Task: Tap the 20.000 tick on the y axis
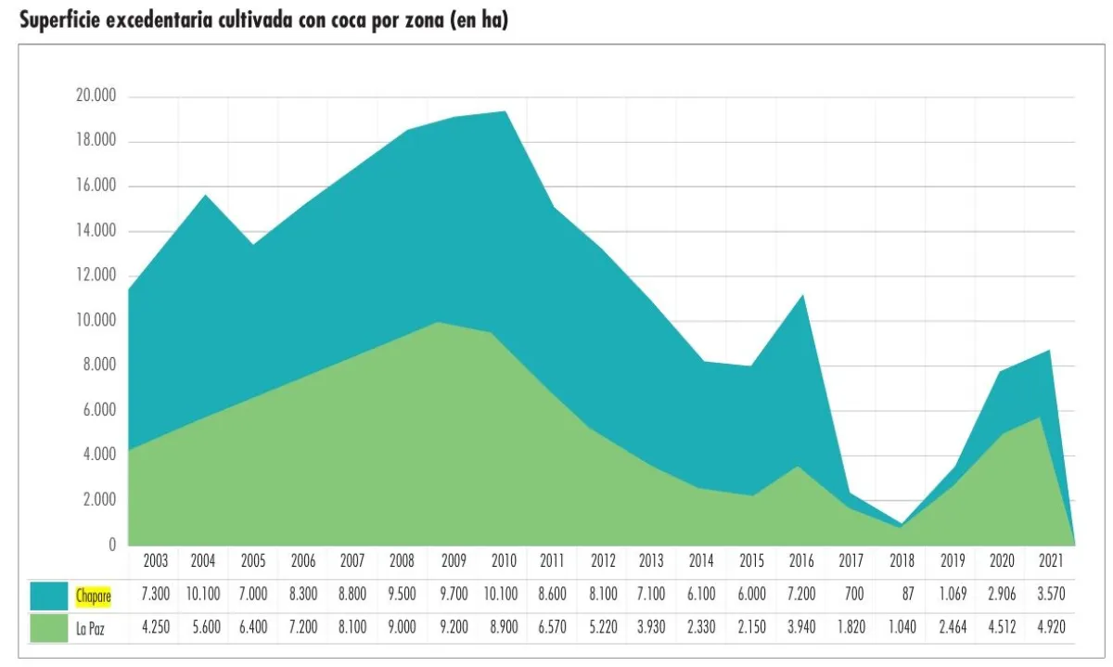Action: pyautogui.click(x=96, y=97)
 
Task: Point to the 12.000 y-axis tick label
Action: pyautogui.click(x=96, y=276)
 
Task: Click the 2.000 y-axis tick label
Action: pyautogui.click(x=98, y=501)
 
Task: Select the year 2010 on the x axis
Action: pyautogui.click(x=503, y=561)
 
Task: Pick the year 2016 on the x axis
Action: pyautogui.click(x=801, y=561)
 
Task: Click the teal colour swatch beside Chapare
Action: pyautogui.click(x=48, y=596)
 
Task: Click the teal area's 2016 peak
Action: pyautogui.click(x=802, y=297)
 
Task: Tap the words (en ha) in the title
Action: pyautogui.click(x=478, y=21)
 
